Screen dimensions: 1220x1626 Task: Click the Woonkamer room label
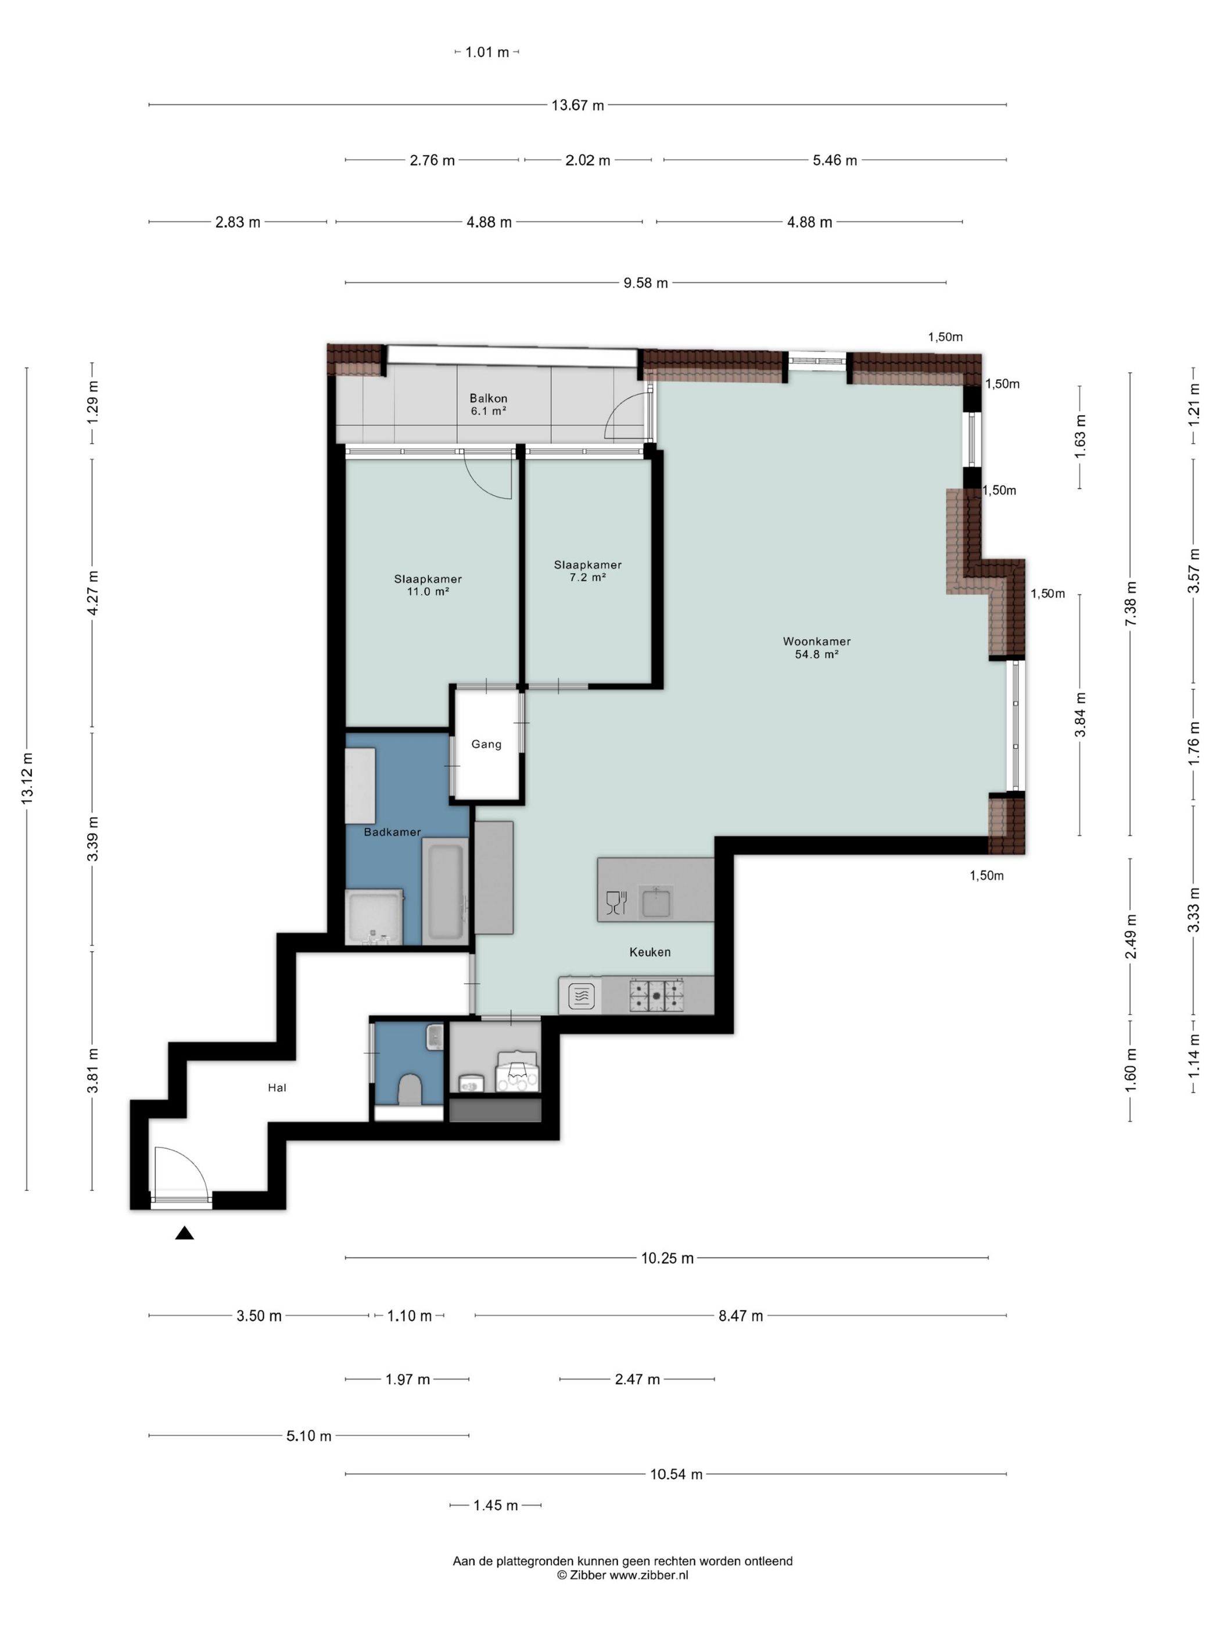click(x=816, y=641)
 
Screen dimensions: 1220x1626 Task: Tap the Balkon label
click(x=489, y=398)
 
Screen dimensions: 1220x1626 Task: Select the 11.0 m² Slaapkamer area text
click(x=428, y=591)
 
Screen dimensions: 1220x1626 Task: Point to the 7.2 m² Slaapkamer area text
click(x=587, y=577)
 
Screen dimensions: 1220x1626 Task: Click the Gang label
click(x=486, y=744)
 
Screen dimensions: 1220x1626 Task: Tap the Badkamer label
click(x=392, y=832)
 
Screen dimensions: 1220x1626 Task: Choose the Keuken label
click(x=650, y=952)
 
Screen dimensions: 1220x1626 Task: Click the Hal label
click(x=277, y=1088)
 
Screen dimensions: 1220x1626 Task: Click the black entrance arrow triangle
click(x=185, y=1233)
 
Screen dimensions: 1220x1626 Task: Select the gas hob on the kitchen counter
click(x=656, y=995)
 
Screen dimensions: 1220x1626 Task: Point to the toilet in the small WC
click(x=409, y=1089)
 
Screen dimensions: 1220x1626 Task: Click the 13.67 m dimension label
click(x=577, y=105)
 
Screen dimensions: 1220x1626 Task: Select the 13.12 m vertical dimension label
click(x=27, y=777)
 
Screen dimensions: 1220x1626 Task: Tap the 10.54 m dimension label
click(x=676, y=1474)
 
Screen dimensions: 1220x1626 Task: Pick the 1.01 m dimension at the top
click(x=487, y=52)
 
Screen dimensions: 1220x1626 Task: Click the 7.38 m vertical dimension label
click(x=1131, y=603)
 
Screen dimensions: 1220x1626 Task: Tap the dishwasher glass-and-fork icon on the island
click(x=615, y=902)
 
